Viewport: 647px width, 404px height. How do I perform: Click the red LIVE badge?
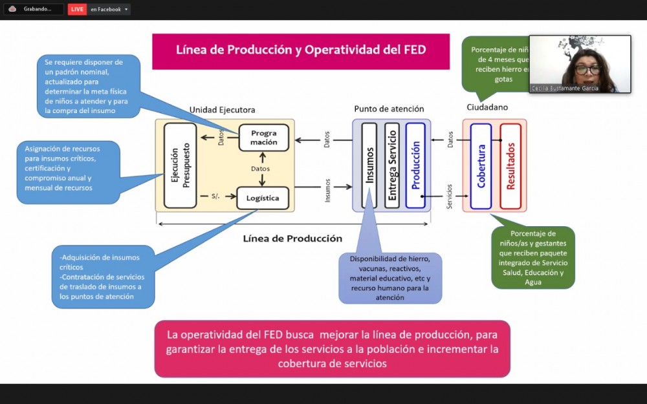pyautogui.click(x=77, y=9)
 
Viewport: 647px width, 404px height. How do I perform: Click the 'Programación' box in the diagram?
pyautogui.click(x=264, y=138)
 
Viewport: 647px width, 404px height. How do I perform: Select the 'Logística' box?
pyautogui.click(x=262, y=198)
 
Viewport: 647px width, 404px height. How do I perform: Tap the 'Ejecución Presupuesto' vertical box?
pyautogui.click(x=180, y=165)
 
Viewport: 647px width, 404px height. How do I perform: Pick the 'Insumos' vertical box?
pyautogui.click(x=369, y=165)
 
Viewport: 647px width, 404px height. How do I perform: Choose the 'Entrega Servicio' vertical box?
pyautogui.click(x=392, y=165)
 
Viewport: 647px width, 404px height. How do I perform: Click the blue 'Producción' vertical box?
pyautogui.click(x=415, y=165)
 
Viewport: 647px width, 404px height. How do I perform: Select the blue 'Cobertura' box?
pyautogui.click(x=481, y=166)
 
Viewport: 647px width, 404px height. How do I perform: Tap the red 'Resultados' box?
pyautogui.click(x=510, y=166)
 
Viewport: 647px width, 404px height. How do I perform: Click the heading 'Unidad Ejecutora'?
pyautogui.click(x=222, y=110)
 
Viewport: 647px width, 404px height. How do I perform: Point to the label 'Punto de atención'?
pyautogui.click(x=389, y=109)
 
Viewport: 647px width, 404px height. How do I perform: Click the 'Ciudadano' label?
pyautogui.click(x=487, y=107)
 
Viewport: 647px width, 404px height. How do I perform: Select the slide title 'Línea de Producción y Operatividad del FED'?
pyautogui.click(x=301, y=50)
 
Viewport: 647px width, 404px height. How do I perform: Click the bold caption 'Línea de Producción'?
pyautogui.click(x=292, y=239)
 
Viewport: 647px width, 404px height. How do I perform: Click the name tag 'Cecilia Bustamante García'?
pyautogui.click(x=565, y=88)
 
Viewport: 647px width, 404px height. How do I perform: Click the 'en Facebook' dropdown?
pyautogui.click(x=109, y=9)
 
